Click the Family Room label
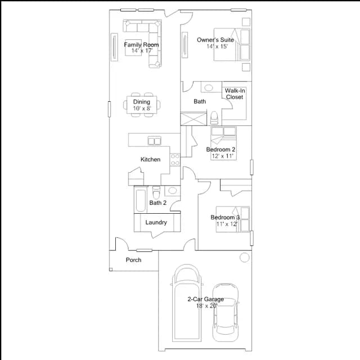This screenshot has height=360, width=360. pyautogui.click(x=141, y=44)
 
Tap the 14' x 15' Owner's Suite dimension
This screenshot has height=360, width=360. pyautogui.click(x=217, y=46)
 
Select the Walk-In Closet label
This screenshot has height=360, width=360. pyautogui.click(x=235, y=94)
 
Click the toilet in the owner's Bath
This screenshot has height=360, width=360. pyautogui.click(x=214, y=118)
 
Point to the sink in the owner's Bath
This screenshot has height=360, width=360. pyautogui.click(x=209, y=88)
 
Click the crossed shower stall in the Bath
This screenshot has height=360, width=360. pyautogui.click(x=193, y=119)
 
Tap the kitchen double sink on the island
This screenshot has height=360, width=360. pyautogui.click(x=154, y=141)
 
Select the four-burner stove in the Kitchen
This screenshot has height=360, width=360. pyautogui.click(x=175, y=160)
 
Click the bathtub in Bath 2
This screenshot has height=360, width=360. pyautogui.click(x=141, y=199)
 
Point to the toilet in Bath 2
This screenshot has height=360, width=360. pyautogui.click(x=156, y=192)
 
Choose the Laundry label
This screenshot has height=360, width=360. pyautogui.click(x=156, y=222)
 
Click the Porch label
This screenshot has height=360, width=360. pyautogui.click(x=133, y=260)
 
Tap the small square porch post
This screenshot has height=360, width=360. pyautogui.click(x=111, y=269)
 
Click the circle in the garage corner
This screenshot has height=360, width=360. pyautogui.click(x=244, y=258)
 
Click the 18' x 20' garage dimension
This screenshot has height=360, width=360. pyautogui.click(x=206, y=306)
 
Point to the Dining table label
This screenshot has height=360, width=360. pyautogui.click(x=142, y=102)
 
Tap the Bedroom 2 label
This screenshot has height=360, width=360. pyautogui.click(x=220, y=150)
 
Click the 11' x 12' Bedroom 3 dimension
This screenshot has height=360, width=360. pyautogui.click(x=227, y=224)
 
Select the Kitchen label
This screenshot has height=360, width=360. pyautogui.click(x=150, y=159)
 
